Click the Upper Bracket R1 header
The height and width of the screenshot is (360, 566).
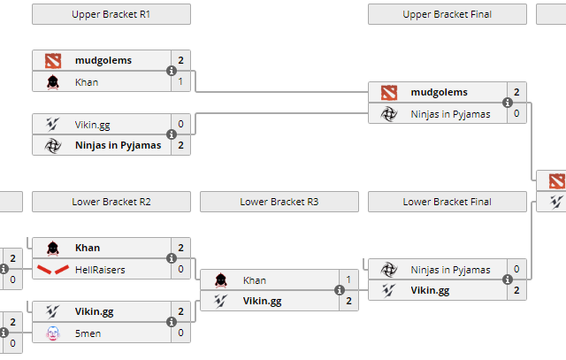tap(111, 14)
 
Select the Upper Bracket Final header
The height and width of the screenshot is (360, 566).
tap(447, 14)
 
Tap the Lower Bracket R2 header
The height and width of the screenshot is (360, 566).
tap(111, 202)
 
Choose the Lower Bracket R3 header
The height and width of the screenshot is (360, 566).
tap(279, 202)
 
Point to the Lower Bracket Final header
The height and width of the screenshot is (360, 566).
tap(447, 202)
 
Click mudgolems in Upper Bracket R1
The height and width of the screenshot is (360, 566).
tap(103, 60)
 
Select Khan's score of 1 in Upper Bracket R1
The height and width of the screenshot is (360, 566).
tap(180, 82)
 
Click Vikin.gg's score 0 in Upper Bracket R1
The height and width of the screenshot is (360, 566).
tap(180, 125)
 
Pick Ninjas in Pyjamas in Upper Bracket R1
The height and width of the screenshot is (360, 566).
tap(118, 145)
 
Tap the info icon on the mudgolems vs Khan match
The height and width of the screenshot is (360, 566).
tap(172, 72)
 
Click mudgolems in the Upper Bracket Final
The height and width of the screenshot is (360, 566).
tap(439, 92)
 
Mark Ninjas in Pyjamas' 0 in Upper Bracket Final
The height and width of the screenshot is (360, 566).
tap(516, 114)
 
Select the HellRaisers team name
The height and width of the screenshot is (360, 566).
tap(100, 269)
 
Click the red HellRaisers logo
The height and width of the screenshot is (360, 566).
tap(52, 269)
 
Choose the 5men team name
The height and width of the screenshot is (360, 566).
tap(88, 333)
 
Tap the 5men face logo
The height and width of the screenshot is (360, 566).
tap(52, 333)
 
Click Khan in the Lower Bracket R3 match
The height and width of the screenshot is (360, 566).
tap(255, 280)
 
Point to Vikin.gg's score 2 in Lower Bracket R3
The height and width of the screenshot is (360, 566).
tap(348, 302)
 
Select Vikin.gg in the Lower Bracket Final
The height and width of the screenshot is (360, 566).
tap(430, 290)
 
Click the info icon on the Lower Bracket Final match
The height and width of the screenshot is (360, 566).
tap(508, 280)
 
